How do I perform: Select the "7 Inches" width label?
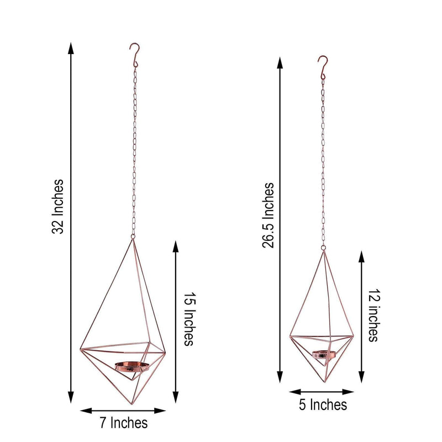(123, 423)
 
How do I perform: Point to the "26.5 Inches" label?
(269, 215)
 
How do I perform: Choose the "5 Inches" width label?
(323, 405)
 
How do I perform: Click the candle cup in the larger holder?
(131, 366)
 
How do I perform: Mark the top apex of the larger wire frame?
(133, 239)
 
